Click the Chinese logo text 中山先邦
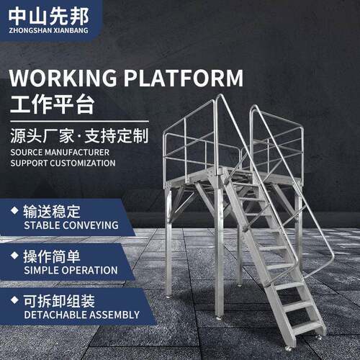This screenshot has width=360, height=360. tap(49, 17)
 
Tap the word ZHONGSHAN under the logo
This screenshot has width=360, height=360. tap(30, 30)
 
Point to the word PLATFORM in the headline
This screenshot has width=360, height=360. tap(184, 78)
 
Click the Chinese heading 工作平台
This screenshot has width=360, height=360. tap(53, 104)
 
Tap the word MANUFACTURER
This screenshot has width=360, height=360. tap(77, 152)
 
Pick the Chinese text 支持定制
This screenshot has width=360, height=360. tap(117, 136)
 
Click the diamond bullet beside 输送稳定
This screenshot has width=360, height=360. tap(14, 210)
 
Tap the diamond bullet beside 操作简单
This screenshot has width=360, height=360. tap(14, 255)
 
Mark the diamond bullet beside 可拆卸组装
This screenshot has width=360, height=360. tap(14, 300)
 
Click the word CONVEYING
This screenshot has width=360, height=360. tap(91, 225)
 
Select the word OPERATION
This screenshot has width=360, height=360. tap(90, 270)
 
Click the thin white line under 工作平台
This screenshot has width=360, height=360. tap(79, 122)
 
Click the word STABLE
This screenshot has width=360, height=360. tap(42, 225)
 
